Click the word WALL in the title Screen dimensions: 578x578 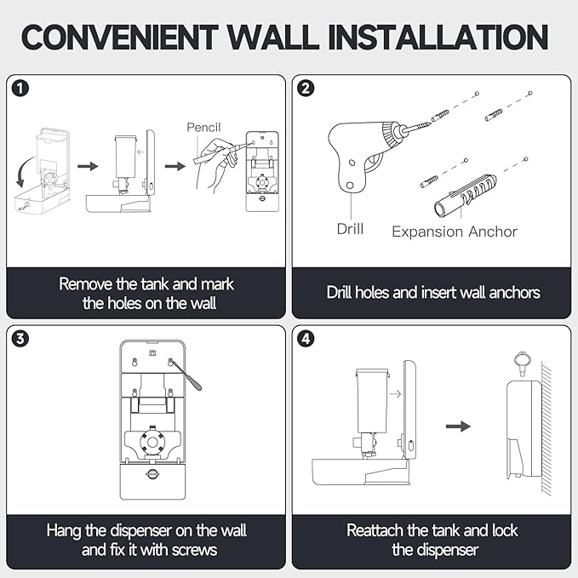(x=282, y=37)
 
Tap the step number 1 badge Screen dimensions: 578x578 (x=19, y=88)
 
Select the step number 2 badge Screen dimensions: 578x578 (x=306, y=88)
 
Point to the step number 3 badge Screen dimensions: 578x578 (x=19, y=338)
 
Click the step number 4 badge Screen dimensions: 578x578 (x=306, y=338)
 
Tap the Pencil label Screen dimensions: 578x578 (x=208, y=128)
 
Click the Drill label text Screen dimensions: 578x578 (x=350, y=229)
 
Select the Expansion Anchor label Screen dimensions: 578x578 (x=454, y=231)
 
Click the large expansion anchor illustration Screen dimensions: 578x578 (x=464, y=197)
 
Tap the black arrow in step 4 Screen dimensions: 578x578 (x=459, y=426)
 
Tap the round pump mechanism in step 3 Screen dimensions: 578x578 (x=150, y=444)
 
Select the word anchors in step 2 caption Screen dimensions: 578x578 (x=508, y=292)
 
